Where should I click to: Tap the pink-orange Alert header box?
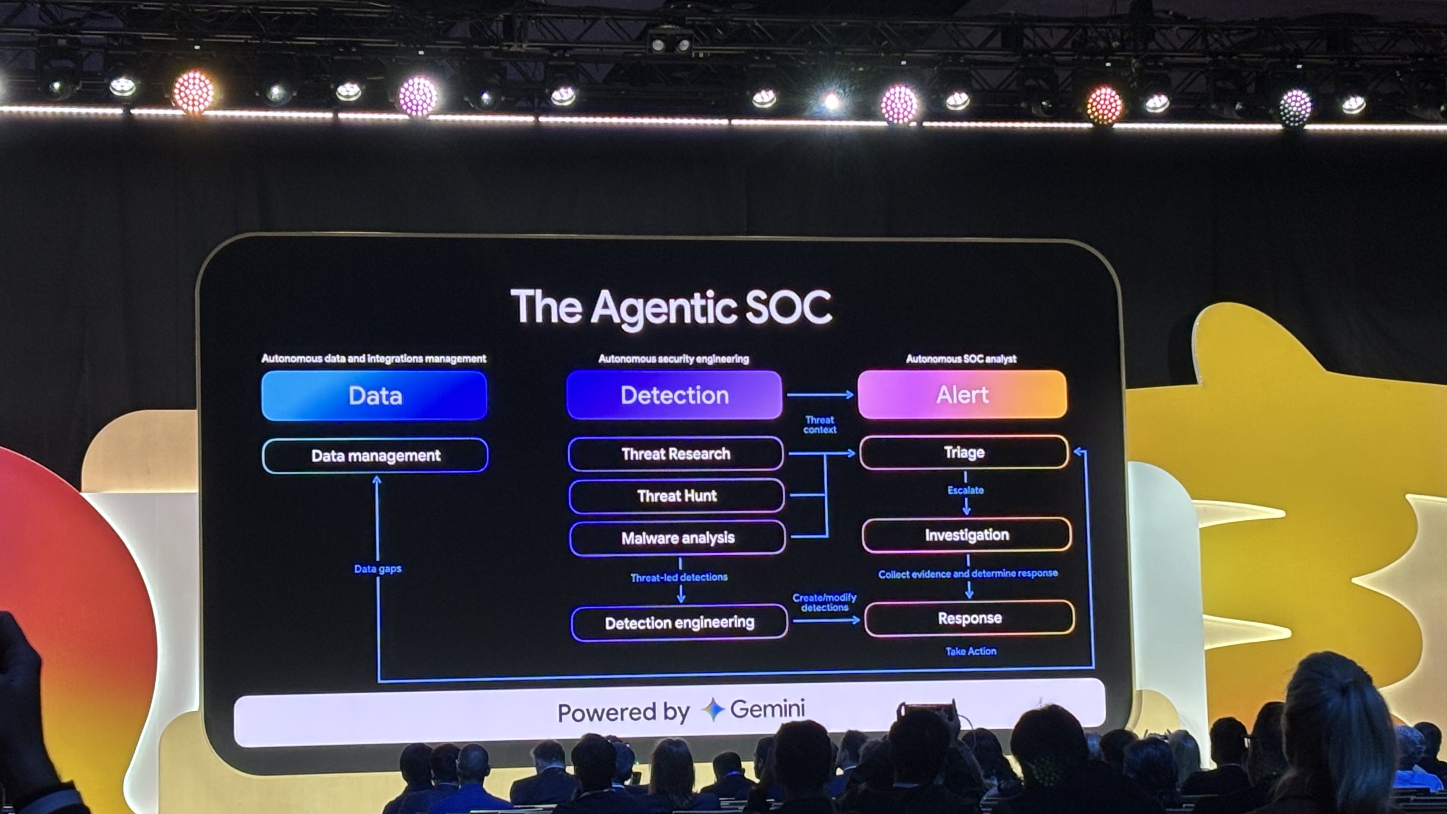[x=962, y=394]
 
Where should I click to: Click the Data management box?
[x=375, y=455]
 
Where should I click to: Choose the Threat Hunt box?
[x=677, y=496]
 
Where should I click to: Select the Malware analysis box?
[x=678, y=538]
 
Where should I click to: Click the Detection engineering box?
[x=679, y=622]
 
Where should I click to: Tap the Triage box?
[x=964, y=452]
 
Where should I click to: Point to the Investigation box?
[x=967, y=535]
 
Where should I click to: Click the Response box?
[x=970, y=618]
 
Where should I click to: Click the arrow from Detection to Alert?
[x=820, y=395]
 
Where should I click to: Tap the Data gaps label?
[x=378, y=569]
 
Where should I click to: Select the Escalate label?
[x=965, y=490]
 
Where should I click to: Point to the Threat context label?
[x=820, y=425]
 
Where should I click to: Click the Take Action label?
[x=971, y=651]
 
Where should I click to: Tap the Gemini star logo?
[x=713, y=710]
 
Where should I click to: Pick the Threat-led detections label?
[x=679, y=577]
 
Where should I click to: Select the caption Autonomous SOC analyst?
[x=961, y=359]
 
